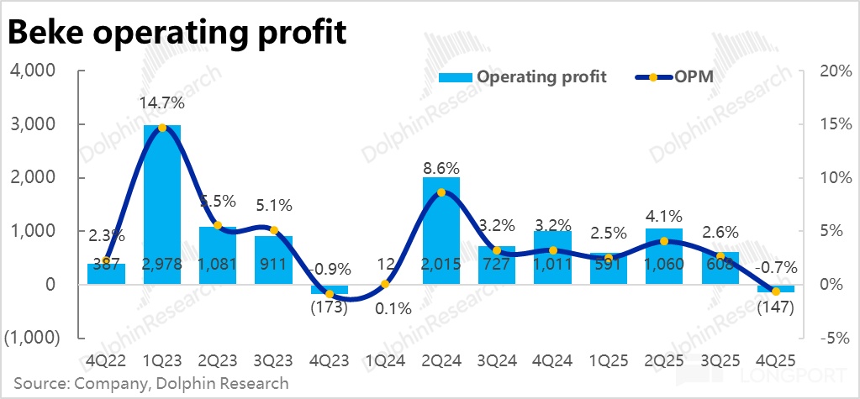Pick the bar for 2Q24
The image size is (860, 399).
[x=441, y=227]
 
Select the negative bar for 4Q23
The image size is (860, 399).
[x=330, y=289]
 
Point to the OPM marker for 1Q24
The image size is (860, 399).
[x=385, y=284]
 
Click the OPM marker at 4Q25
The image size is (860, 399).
[x=776, y=291]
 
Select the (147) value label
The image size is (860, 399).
[x=776, y=307]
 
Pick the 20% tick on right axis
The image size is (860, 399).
[x=827, y=71]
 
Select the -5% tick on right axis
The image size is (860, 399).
[x=827, y=338]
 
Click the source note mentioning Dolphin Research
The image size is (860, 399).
[x=150, y=383]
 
